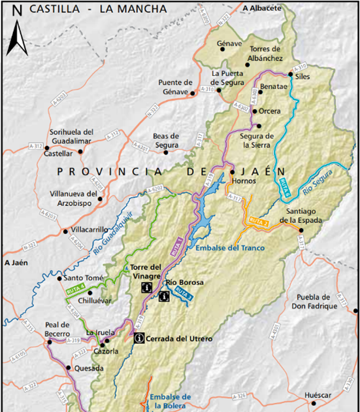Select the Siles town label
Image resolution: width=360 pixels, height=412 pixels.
(303, 77)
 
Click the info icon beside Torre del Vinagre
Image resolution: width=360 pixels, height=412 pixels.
(147, 286)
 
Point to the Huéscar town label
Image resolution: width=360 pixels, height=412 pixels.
(318, 395)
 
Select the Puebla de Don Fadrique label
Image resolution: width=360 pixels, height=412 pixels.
(317, 301)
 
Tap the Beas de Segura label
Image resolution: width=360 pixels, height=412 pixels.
(166, 140)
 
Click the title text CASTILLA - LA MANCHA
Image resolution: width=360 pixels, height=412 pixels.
(98, 10)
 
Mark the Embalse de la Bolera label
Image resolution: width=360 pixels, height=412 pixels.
(169, 401)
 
